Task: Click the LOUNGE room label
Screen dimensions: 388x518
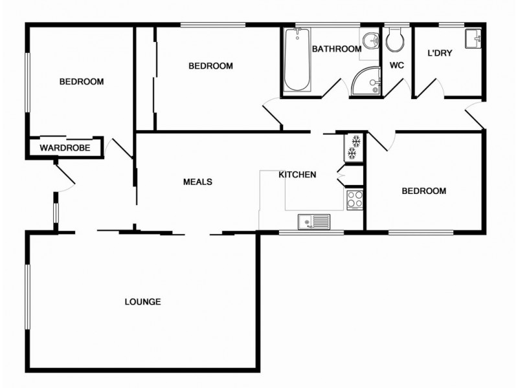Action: pyautogui.click(x=142, y=302)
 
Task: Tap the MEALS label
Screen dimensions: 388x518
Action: pyautogui.click(x=197, y=182)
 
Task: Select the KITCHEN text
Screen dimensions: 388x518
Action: pyautogui.click(x=297, y=175)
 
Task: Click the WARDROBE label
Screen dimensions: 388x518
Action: pyautogui.click(x=64, y=148)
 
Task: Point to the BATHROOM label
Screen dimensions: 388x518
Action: pyautogui.click(x=336, y=49)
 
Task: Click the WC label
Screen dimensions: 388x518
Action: pyautogui.click(x=397, y=65)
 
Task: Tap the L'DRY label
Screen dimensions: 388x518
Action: pyautogui.click(x=440, y=53)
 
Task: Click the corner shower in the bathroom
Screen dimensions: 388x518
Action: pyautogui.click(x=368, y=81)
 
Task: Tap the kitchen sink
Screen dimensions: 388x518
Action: pyautogui.click(x=313, y=222)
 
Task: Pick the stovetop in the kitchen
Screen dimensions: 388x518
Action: pyautogui.click(x=355, y=199)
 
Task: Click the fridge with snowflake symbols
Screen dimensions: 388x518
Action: pyautogui.click(x=355, y=147)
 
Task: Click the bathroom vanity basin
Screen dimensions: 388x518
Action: pyautogui.click(x=371, y=40)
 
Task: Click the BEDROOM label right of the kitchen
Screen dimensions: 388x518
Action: pyautogui.click(x=424, y=191)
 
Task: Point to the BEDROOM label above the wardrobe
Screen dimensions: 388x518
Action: pyautogui.click(x=82, y=81)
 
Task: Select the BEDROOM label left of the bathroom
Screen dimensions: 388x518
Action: pyautogui.click(x=210, y=66)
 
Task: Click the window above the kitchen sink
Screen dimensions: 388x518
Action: pyautogui.click(x=311, y=232)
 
